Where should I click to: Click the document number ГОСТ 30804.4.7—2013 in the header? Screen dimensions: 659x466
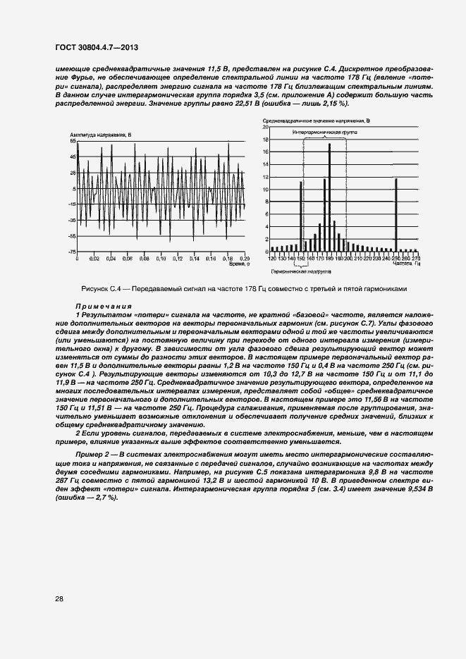click(x=95, y=47)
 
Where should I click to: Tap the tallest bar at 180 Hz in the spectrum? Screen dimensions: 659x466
click(x=329, y=197)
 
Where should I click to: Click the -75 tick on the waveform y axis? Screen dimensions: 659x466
click(x=72, y=252)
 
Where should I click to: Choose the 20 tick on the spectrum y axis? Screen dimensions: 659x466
click(x=266, y=127)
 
